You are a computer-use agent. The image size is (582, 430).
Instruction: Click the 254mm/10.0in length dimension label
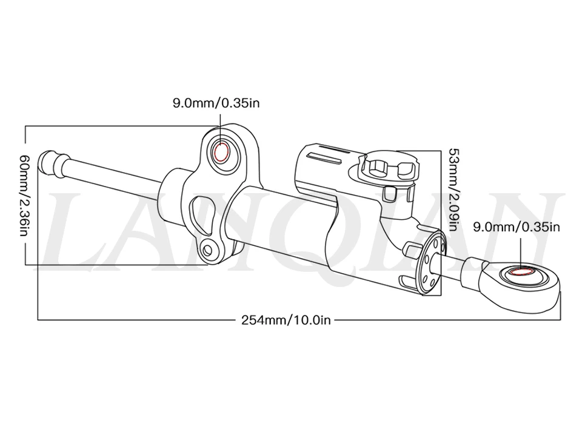pos(286,320)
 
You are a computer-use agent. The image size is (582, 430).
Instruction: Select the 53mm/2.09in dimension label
pos(454,190)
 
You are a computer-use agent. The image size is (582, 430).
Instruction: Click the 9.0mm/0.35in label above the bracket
pos(216,103)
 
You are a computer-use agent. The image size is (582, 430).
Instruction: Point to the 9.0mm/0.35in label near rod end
pos(516,227)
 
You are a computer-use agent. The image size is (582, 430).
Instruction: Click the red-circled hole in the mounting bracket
pos(222,152)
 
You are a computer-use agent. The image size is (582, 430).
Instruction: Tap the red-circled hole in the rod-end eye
pos(521,272)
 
